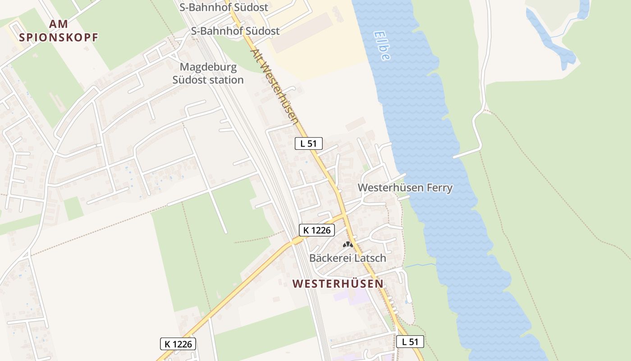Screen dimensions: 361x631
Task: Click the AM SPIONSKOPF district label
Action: coord(59,31)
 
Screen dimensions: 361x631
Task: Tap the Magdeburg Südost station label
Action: coord(208,73)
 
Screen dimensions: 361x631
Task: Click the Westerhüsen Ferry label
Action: coord(405,188)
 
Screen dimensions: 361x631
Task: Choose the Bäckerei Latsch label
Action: coord(348,258)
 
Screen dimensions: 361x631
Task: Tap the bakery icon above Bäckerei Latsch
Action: coord(348,245)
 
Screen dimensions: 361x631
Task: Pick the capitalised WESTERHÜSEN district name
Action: coord(338,284)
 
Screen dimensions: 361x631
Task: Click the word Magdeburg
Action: coord(208,67)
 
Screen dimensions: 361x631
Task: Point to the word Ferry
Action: coord(438,188)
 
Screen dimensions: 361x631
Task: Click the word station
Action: coord(226,80)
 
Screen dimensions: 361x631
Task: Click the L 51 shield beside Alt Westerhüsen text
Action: coord(309,143)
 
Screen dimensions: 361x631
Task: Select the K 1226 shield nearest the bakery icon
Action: coord(317,230)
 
